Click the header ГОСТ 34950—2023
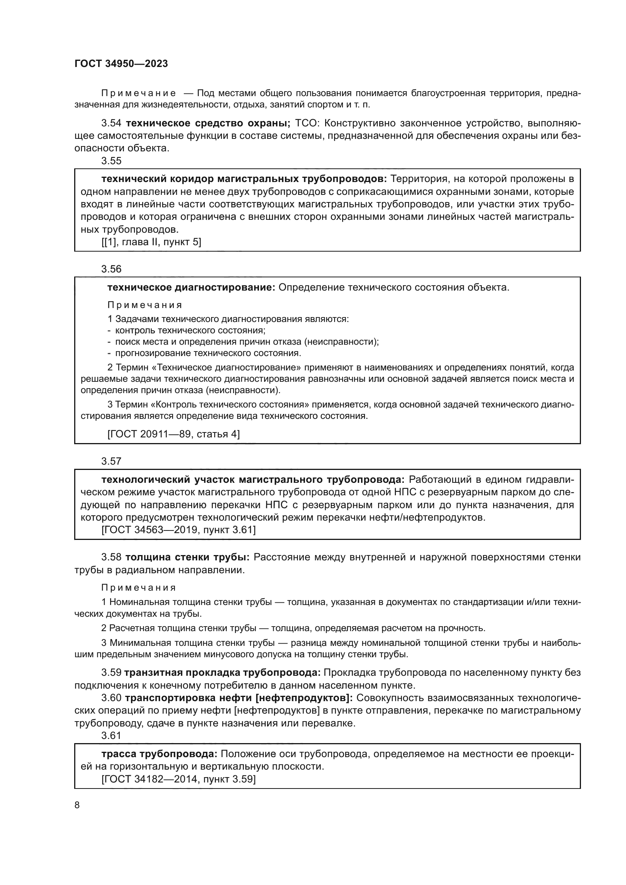121,64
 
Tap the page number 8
77,805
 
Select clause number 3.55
111,161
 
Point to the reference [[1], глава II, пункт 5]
151,242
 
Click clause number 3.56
111,269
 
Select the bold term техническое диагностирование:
191,288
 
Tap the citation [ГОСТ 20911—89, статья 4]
173,434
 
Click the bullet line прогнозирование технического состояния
208,353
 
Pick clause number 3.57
111,461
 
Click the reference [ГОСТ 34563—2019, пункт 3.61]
179,530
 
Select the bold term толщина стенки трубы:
188,557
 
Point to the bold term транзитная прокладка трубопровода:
223,673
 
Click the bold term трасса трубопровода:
160,754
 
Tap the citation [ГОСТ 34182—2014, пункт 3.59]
179,779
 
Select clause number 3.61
111,736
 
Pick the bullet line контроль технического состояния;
190,330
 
